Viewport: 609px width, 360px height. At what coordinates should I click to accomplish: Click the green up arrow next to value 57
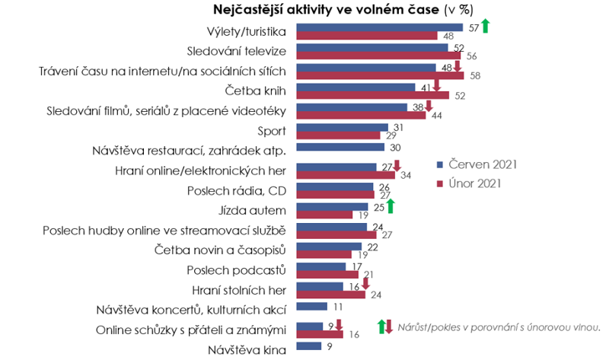coord(485,26)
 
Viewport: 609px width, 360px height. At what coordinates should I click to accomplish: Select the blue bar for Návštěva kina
coord(308,346)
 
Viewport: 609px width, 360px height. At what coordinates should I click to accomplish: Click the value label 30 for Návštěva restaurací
coord(395,147)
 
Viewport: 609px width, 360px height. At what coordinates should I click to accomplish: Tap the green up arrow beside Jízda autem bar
coord(389,205)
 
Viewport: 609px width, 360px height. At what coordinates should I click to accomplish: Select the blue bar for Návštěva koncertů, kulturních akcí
coord(312,307)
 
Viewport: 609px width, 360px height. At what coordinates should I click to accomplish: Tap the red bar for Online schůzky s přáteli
coord(319,333)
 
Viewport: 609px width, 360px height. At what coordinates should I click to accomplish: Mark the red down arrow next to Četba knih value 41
coord(436,87)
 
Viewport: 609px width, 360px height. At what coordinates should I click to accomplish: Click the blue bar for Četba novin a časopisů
coord(328,246)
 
